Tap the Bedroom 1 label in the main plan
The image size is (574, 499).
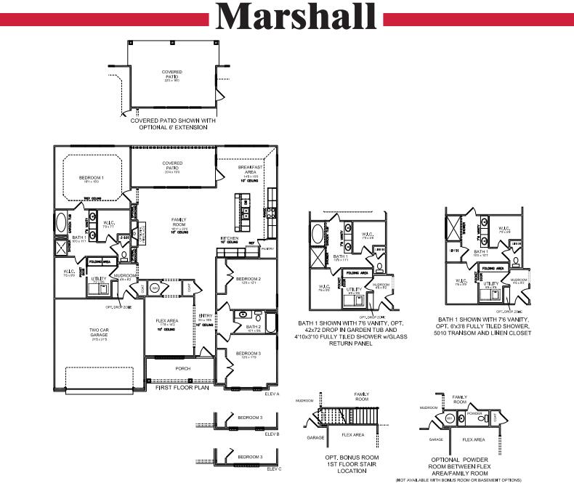click(92, 177)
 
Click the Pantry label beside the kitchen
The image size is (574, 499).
click(267, 248)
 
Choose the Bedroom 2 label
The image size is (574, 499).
click(248, 278)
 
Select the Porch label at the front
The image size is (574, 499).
click(183, 368)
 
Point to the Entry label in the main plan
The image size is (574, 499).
click(205, 316)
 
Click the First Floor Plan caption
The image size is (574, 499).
click(182, 388)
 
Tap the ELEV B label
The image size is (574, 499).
click(272, 434)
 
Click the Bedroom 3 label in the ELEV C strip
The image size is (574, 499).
click(250, 457)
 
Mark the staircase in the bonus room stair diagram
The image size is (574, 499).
click(349, 418)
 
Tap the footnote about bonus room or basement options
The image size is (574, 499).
click(458, 480)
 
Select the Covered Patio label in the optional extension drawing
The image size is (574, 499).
click(172, 73)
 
